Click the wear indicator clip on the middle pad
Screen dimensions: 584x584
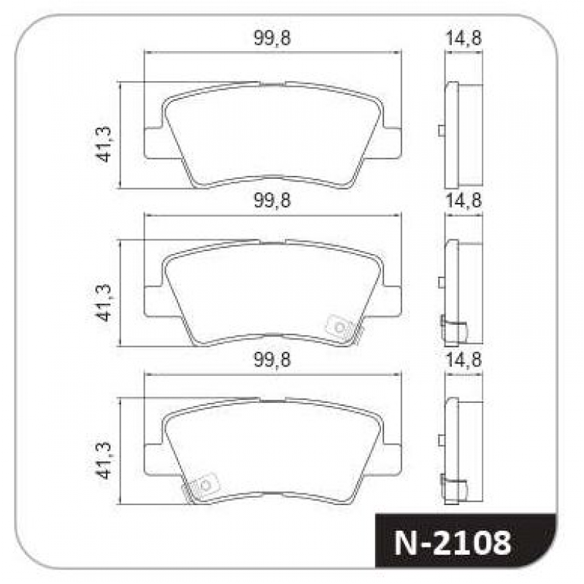(339, 326)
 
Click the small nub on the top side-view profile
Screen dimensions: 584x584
(442, 131)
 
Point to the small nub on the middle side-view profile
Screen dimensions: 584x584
(442, 283)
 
